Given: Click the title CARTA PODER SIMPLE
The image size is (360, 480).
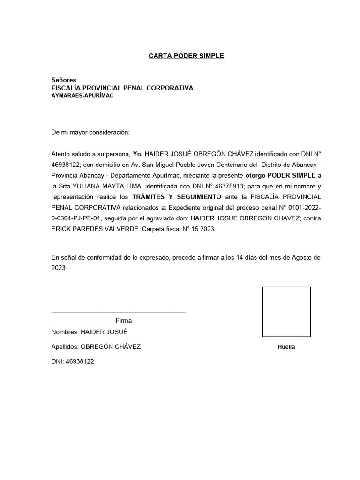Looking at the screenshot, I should coord(186,56).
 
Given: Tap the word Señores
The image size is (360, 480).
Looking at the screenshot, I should coord(64,80).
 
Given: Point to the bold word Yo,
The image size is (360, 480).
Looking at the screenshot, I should coord(137,154).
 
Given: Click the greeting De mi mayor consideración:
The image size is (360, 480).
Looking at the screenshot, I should coord(90,133).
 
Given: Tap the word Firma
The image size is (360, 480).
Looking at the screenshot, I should coord(124,321).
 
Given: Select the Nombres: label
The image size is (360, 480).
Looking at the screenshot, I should coord(65,332).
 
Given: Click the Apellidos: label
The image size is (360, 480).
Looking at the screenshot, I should coord(65,347).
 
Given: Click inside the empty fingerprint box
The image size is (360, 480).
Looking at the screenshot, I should coord(286,312).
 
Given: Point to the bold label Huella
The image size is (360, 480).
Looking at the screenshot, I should coord(286,347).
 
